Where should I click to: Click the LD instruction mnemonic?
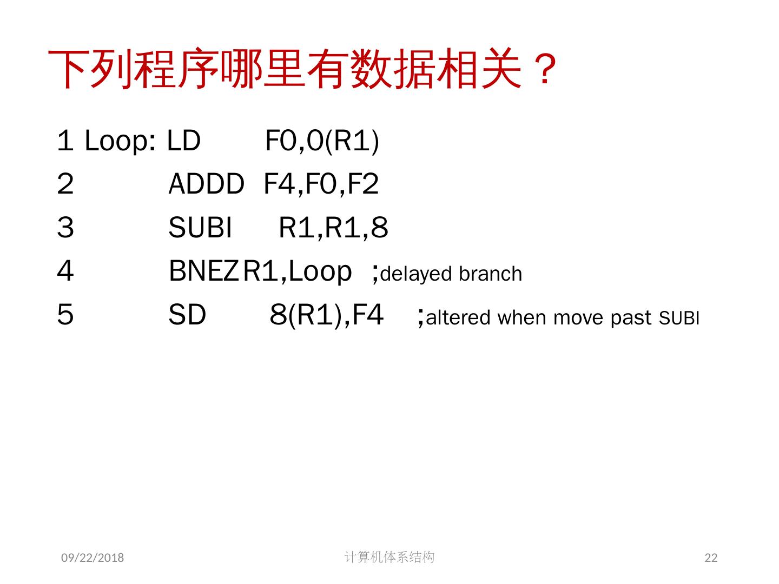point(184,141)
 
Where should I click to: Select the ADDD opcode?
point(206,184)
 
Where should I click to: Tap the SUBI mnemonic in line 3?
point(200,228)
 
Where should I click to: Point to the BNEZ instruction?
point(203,271)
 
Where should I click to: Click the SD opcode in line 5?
point(187,315)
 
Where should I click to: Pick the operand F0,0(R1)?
point(322,141)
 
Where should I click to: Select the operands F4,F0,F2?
point(321,184)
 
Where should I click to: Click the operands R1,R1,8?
point(333,228)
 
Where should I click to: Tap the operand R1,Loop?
point(298,271)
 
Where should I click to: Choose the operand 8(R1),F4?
point(327,315)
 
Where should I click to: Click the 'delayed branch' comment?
point(451,274)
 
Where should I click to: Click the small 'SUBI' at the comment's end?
point(679,318)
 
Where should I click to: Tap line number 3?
point(65,228)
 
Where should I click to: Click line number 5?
point(65,315)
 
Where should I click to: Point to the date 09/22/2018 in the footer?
point(93,558)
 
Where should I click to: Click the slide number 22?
point(711,558)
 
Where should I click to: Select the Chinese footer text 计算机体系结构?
point(389,557)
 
